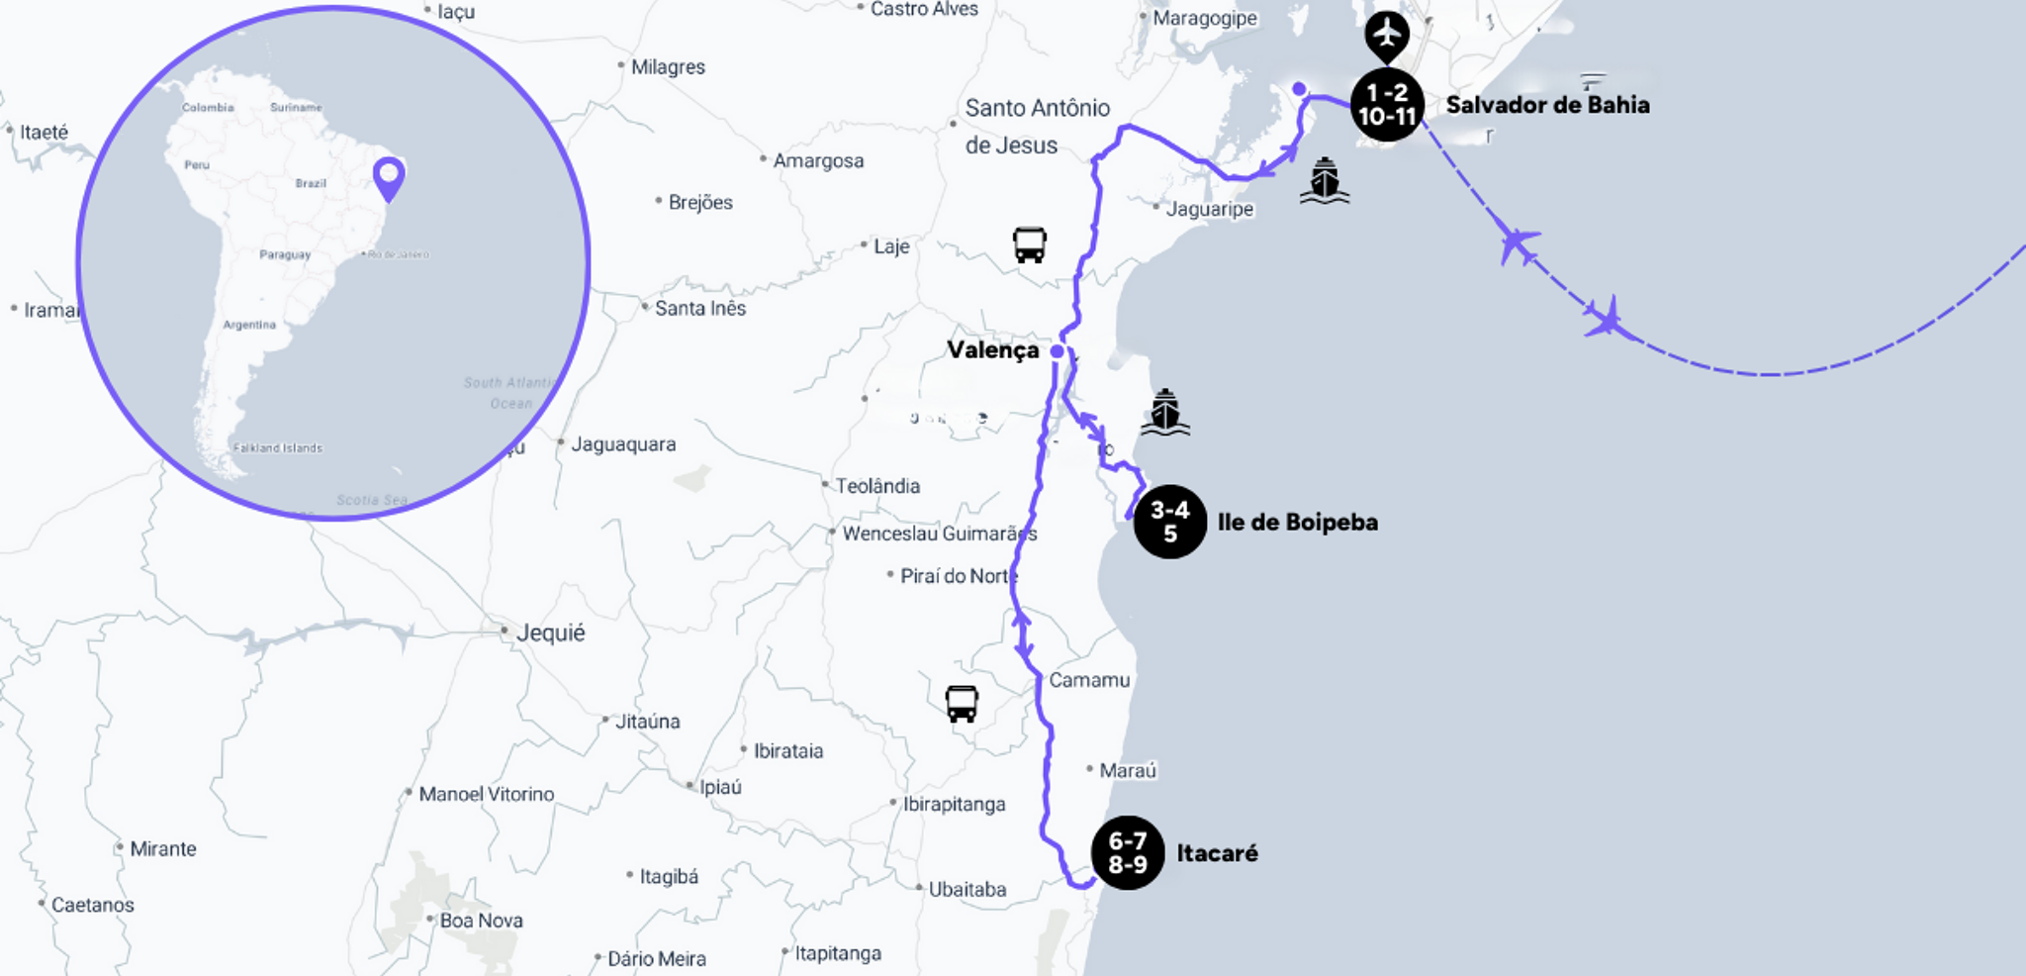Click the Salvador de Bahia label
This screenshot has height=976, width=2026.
point(1547,105)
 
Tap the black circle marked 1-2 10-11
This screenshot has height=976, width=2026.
point(1387,105)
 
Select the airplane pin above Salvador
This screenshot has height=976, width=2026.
point(1387,35)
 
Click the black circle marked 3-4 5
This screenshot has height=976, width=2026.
point(1169,522)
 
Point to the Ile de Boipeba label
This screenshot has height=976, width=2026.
point(1297,522)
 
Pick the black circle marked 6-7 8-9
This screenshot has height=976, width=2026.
point(1127,852)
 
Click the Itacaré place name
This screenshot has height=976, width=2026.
point(1217,853)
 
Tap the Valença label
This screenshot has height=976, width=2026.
point(992,350)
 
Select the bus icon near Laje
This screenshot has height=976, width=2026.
point(1029,244)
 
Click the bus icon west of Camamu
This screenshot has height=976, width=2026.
point(962,704)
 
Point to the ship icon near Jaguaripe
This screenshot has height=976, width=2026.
point(1325,181)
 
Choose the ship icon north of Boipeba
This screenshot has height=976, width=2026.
point(1165,412)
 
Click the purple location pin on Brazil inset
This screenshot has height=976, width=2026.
point(389,178)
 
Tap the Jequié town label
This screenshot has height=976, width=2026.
point(550,633)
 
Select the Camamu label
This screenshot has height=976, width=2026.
point(1088,680)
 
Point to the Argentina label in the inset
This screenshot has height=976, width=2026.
point(249,325)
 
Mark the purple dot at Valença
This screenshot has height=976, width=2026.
point(1057,351)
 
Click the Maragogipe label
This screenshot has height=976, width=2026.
point(1204,18)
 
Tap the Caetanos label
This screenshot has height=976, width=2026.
point(92,905)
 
